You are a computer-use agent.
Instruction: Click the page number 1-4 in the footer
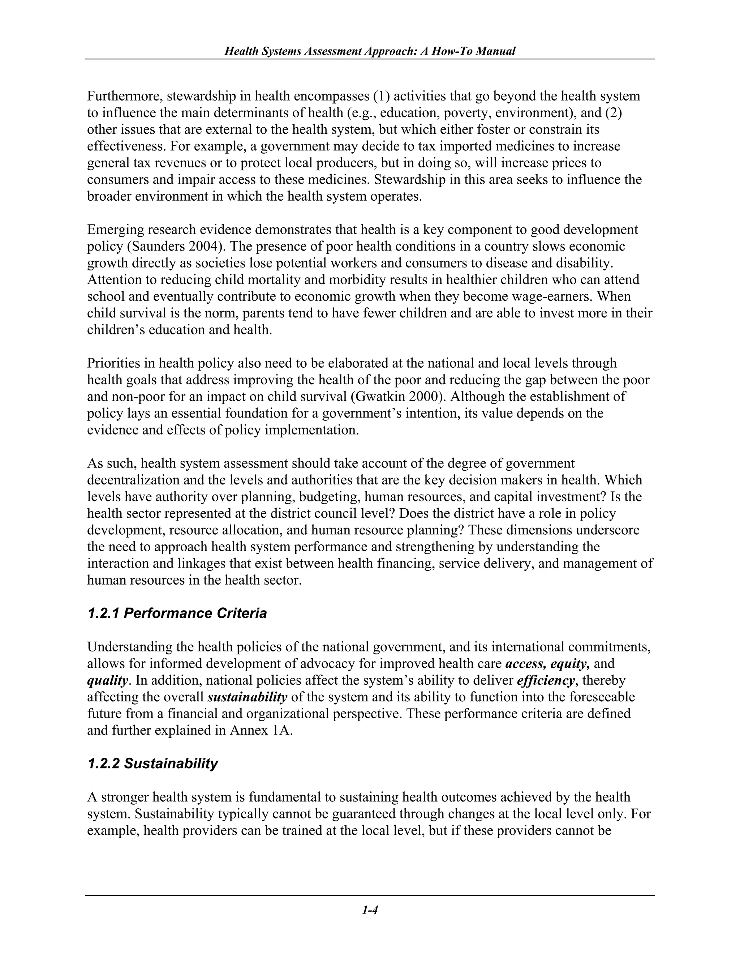pos(370,910)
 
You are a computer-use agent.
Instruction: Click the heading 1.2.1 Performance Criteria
pos(177,613)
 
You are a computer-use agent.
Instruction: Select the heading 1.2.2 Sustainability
pos(152,764)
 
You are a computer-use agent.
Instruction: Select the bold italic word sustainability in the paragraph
pos(247,697)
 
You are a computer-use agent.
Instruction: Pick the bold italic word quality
pos(107,680)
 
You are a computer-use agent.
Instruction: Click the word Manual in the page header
pos(495,51)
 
